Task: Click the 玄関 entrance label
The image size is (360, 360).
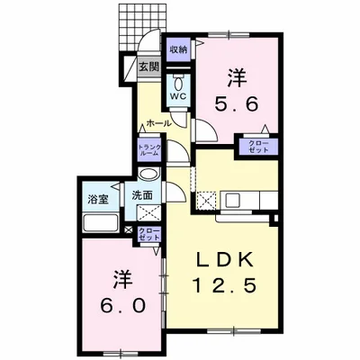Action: click(148, 67)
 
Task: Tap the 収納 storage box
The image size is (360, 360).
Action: click(179, 49)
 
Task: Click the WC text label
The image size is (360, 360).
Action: click(179, 96)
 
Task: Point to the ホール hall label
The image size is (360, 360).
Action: click(158, 122)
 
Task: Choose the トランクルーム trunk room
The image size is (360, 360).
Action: click(149, 150)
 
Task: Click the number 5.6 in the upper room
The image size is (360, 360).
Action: click(236, 104)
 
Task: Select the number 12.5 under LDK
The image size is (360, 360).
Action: click(224, 285)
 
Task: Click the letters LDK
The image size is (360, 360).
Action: click(225, 259)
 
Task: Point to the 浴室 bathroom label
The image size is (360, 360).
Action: click(98, 200)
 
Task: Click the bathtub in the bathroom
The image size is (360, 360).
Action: click(100, 223)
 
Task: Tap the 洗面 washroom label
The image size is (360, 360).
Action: click(142, 195)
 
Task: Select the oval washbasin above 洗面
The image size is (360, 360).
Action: click(149, 175)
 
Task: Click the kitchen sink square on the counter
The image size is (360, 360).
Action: click(232, 201)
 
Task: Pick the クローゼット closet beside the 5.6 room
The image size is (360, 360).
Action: click(258, 147)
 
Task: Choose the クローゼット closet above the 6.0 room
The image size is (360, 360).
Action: click(149, 234)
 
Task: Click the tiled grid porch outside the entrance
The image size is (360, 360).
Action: click(142, 28)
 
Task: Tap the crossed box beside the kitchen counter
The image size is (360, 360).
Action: click(206, 200)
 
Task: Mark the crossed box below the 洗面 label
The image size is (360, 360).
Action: click(149, 213)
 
